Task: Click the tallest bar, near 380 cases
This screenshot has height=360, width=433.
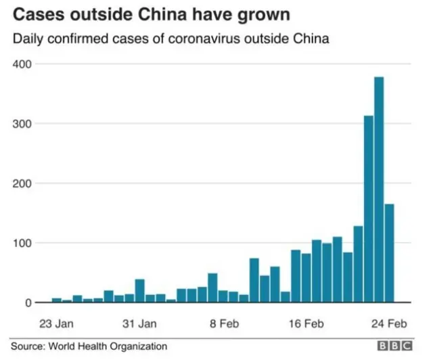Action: click(x=379, y=189)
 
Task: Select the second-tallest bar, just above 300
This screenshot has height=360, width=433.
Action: click(x=369, y=210)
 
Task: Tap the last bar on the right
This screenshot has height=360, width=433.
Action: click(x=389, y=253)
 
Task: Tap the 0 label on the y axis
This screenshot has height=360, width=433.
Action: click(x=28, y=302)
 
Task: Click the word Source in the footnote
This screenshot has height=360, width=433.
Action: click(x=28, y=346)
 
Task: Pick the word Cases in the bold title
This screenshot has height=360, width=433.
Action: click(x=38, y=15)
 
